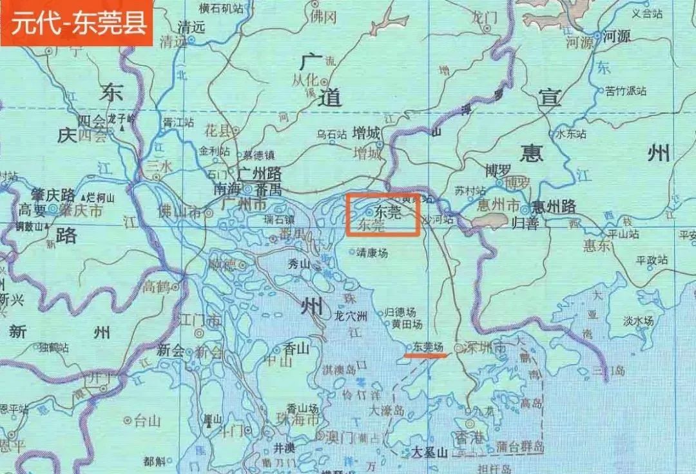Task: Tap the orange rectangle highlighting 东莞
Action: [x=383, y=214]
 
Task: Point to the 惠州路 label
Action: [x=553, y=207]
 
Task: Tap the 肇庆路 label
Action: [x=53, y=195]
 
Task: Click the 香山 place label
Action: [x=296, y=348]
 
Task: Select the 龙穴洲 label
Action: [x=351, y=316]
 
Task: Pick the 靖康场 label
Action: [x=373, y=253]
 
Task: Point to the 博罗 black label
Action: [x=498, y=171]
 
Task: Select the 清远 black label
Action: [x=191, y=28]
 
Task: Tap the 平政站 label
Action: [x=652, y=260]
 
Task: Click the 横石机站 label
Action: [x=203, y=9]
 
